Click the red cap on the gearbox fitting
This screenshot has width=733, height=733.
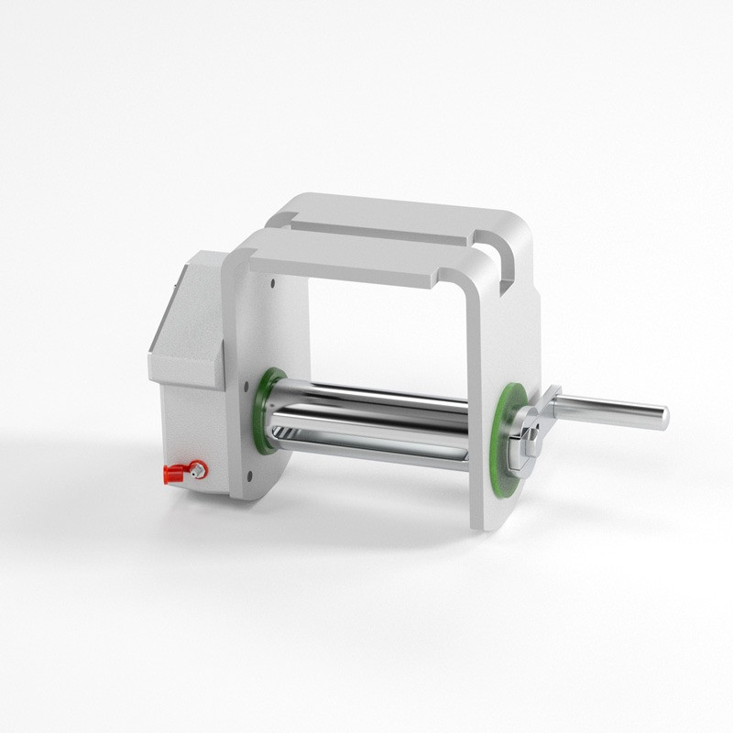pyautogui.click(x=173, y=474)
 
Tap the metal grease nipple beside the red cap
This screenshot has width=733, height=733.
pyautogui.click(x=197, y=470)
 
